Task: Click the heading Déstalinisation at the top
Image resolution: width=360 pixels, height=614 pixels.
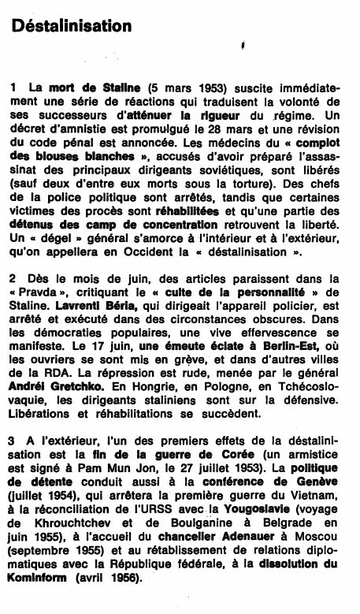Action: click(x=71, y=27)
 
